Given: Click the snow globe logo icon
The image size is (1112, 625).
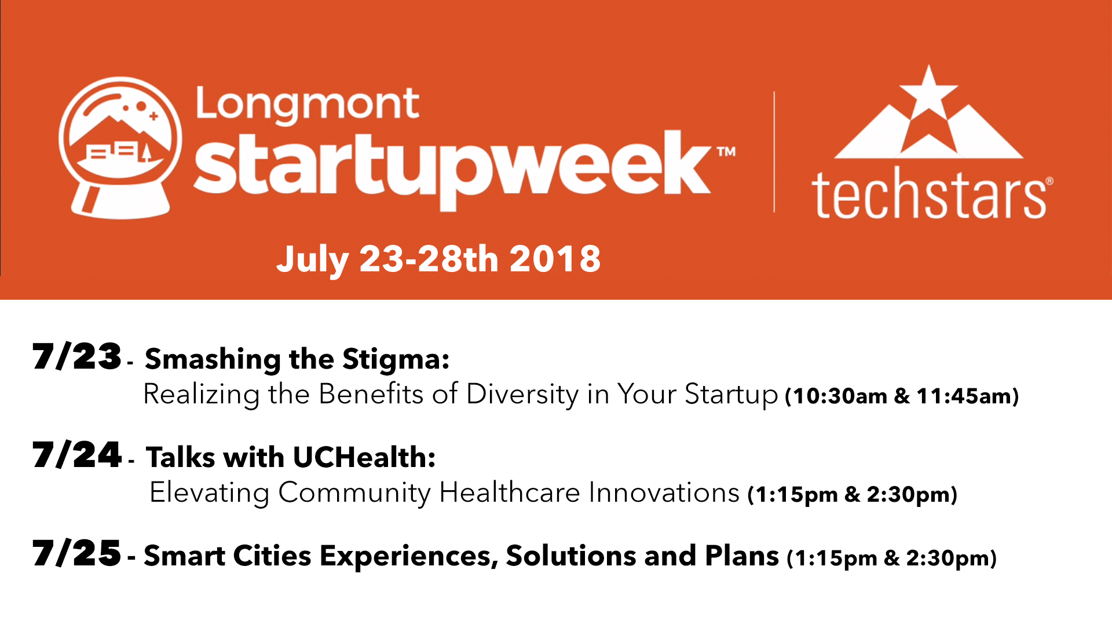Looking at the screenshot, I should [120, 148].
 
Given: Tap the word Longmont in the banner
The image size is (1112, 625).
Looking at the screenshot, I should [307, 104].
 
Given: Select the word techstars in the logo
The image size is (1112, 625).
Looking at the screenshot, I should [929, 194].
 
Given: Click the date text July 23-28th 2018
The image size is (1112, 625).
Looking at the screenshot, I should [438, 259].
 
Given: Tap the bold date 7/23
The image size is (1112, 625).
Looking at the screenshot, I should [76, 357].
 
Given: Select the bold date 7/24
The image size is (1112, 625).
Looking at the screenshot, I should [76, 455].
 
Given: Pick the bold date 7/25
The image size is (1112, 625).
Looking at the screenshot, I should [76, 554].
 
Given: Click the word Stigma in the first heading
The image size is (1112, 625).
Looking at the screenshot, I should [396, 359].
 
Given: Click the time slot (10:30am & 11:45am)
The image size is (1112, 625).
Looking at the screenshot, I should [902, 396].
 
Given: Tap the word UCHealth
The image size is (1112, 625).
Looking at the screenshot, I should [364, 458].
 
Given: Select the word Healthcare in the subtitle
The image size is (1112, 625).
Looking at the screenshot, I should [510, 493].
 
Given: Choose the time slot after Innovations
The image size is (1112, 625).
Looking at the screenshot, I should [853, 495].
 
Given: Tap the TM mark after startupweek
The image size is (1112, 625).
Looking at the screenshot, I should [726, 152].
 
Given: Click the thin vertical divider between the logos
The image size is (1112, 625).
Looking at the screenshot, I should [774, 152].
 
